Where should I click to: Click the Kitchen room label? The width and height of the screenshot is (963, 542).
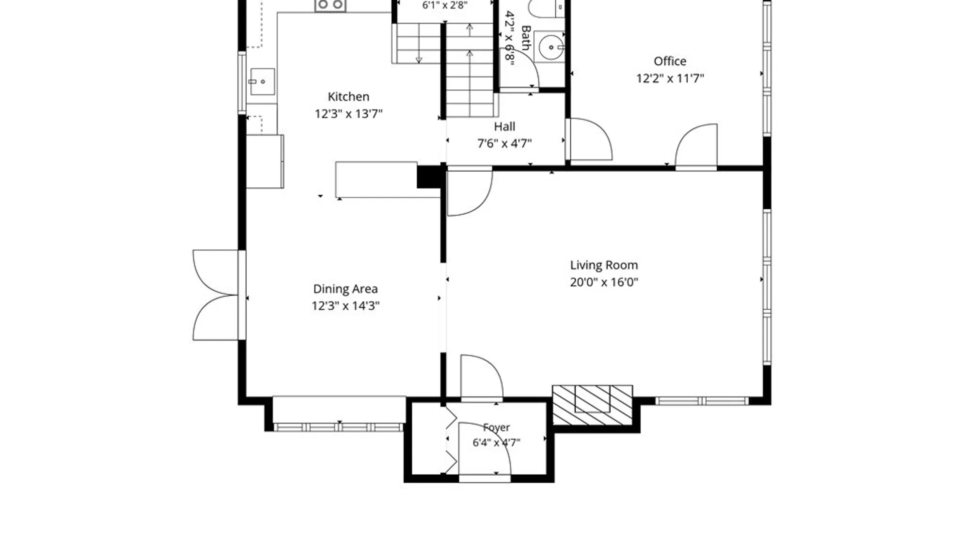pos(349,96)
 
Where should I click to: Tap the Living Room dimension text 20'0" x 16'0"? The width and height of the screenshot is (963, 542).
pos(604,282)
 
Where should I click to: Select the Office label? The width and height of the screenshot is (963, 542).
pos(670,61)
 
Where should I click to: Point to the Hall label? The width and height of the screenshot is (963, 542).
pos(505,126)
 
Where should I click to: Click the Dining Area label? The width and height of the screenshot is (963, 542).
pos(346,289)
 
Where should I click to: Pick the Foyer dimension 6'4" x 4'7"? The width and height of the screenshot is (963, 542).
pos(497,443)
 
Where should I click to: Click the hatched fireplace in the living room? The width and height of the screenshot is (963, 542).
pos(592,405)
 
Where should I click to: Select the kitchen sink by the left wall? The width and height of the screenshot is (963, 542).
pos(262,81)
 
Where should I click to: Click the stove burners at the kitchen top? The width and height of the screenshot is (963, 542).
pos(331,6)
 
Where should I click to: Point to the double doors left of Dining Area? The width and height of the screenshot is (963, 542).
pos(216,295)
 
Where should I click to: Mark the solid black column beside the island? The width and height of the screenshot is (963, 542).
pos(429,177)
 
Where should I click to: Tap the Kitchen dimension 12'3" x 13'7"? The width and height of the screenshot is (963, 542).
pos(349,114)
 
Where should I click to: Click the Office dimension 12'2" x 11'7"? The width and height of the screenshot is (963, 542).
pos(670,78)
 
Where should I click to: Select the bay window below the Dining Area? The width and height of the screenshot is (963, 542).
pos(339,427)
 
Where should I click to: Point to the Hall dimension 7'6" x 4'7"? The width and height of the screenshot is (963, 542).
pos(505,144)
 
